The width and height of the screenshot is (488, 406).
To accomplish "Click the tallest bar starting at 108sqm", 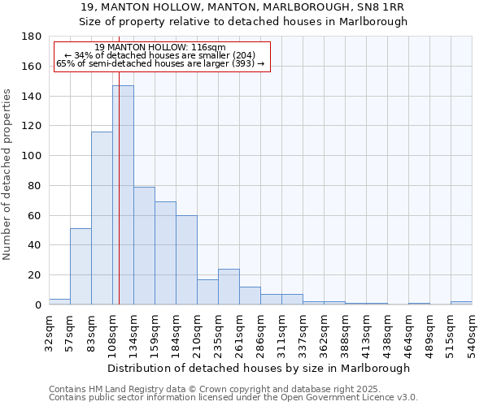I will click(123, 195).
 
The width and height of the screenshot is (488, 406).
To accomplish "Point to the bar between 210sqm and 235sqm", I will click(207, 292).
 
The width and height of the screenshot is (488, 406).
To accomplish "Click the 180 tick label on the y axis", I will click(32, 37).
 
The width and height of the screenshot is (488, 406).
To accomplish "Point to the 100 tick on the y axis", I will click(32, 156).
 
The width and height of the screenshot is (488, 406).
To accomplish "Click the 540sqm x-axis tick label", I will click(472, 334).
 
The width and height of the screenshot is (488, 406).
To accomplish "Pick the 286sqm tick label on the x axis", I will click(260, 334).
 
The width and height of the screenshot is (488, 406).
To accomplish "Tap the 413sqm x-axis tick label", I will click(366, 334).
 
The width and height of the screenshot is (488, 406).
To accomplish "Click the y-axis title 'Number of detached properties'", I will click(8, 185).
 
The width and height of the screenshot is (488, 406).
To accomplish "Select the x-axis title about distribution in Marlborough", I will click(257, 368).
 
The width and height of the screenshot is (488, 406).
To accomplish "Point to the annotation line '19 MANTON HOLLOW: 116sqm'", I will click(160, 48).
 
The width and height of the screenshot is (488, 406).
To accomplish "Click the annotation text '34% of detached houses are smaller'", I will click(160, 56).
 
